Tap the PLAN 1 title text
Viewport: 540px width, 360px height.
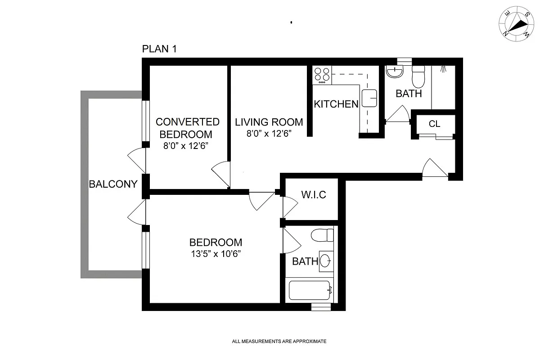159,49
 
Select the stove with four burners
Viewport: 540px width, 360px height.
322,75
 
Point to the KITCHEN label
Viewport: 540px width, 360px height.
336,104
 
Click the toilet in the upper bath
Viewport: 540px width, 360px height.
418,76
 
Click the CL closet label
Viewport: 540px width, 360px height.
434,124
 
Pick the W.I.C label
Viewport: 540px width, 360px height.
313,195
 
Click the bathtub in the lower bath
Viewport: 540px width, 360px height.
310,290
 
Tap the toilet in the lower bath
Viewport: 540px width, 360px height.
323,235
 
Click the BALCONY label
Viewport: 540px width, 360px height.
112,184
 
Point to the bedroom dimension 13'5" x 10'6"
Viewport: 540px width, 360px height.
216,253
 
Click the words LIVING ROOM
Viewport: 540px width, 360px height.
269,122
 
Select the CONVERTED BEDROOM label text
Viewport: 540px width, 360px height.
187,128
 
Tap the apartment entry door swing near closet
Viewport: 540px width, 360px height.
434,169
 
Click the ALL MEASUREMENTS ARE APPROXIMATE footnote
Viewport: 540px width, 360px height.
279,342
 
